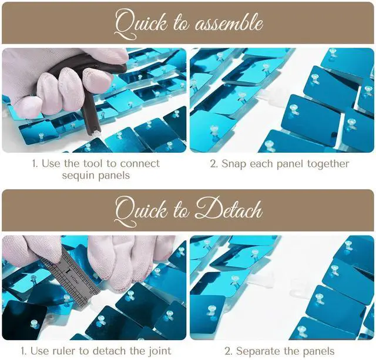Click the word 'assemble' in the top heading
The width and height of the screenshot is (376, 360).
coord(229,23)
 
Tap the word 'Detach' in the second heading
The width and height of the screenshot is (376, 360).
coord(229,210)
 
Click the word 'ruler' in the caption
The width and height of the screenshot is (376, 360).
coord(63,351)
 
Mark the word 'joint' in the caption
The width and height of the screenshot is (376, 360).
coord(159,352)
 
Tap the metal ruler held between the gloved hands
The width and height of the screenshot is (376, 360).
coord(72,278)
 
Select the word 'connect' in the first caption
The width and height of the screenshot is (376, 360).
coord(140,164)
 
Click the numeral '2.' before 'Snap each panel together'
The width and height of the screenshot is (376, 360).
coord(214,164)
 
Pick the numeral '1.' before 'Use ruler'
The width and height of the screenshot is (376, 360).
coord(24,352)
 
